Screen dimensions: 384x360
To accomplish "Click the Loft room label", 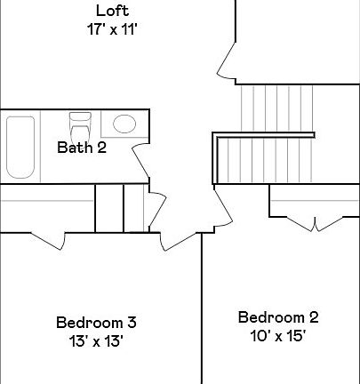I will coord(112,12).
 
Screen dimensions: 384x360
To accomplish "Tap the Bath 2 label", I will coord(82,148).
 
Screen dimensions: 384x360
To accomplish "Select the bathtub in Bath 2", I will coord(20,147).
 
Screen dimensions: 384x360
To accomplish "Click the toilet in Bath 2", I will coord(80,124).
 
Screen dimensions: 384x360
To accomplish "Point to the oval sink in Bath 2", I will coord(124,124).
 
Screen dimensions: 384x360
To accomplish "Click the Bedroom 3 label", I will coord(95,322).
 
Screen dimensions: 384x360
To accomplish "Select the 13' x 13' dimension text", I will coord(95,340).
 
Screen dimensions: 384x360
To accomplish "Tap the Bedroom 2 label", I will coord(277,317).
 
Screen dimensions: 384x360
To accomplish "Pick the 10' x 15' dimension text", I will coord(277,335).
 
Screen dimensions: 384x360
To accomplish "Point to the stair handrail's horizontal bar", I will coord(264,135).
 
